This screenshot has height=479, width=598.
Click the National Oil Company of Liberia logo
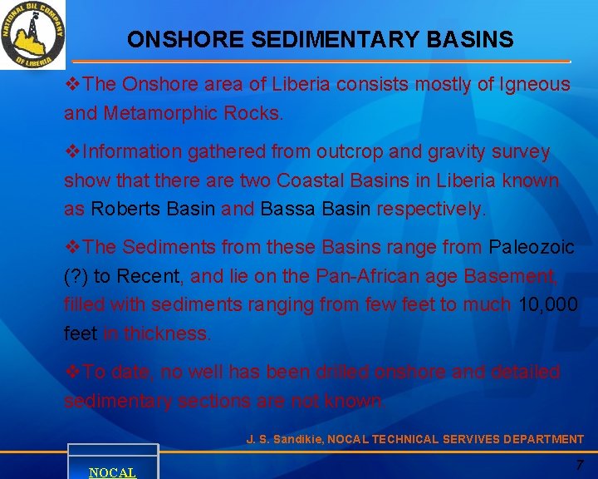pyautogui.click(x=33, y=35)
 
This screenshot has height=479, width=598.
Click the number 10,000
pyautogui.click(x=547, y=305)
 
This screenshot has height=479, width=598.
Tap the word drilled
pyautogui.click(x=341, y=372)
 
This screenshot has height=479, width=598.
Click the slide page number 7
pyautogui.click(x=580, y=463)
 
